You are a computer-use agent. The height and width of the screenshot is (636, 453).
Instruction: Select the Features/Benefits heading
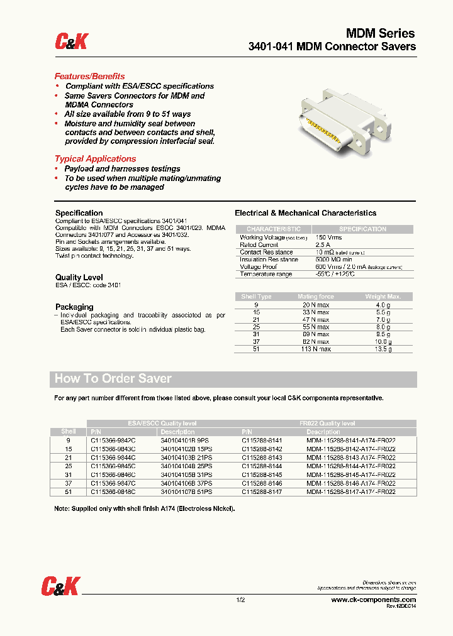click(x=89, y=76)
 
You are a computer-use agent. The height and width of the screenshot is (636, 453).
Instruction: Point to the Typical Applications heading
click(x=95, y=159)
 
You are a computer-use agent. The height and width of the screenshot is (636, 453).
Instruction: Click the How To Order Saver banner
click(x=113, y=379)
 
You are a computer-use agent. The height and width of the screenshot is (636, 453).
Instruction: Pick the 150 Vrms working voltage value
click(x=328, y=237)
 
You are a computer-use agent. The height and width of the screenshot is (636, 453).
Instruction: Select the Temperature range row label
click(x=266, y=275)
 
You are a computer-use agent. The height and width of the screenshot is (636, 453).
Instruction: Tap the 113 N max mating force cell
click(x=316, y=349)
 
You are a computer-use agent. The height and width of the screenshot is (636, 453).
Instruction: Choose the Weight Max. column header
click(x=383, y=297)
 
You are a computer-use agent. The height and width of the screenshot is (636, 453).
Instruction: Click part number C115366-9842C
click(x=113, y=441)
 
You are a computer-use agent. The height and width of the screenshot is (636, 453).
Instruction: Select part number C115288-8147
click(x=262, y=493)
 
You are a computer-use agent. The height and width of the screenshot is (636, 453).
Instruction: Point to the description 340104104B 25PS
click(x=186, y=467)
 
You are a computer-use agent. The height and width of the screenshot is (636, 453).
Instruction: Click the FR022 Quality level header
click(x=327, y=424)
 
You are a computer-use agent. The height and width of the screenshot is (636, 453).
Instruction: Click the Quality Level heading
click(x=79, y=277)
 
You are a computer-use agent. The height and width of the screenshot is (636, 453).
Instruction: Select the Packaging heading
click(x=74, y=307)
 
